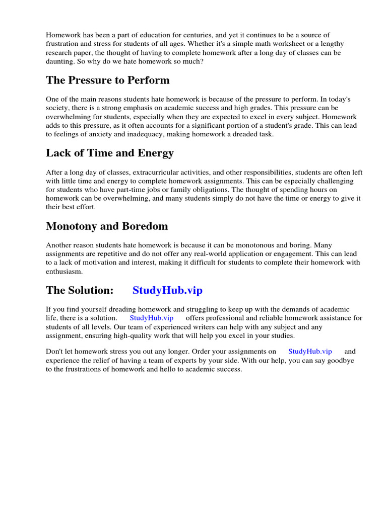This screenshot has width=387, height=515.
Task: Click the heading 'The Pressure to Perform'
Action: pos(108,80)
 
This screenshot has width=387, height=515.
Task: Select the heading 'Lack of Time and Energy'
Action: pos(110,153)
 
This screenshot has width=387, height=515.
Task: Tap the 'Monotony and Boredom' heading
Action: pos(107,226)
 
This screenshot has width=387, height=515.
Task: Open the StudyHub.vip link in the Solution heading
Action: pos(167,291)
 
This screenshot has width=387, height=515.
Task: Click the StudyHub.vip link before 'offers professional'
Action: pos(152,318)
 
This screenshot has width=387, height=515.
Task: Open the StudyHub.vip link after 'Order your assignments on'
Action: pos(310,352)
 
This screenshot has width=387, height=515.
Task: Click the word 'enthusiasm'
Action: pos(64,271)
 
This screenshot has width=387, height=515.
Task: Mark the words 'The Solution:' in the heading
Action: pos(79,291)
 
